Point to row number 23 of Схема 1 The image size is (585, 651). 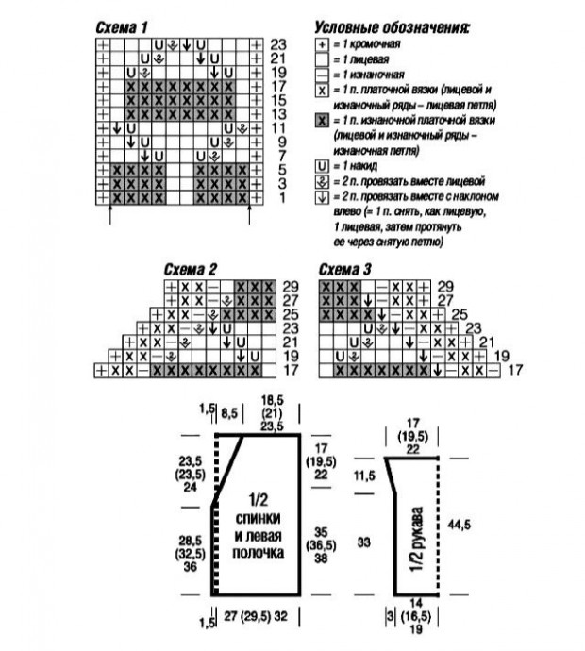click(277, 44)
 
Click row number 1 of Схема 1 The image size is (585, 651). click(277, 198)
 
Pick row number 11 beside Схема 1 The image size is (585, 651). click(277, 127)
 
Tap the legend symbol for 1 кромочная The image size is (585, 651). click(322, 44)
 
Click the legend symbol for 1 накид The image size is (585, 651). click(322, 165)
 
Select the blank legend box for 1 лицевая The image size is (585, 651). click(322, 59)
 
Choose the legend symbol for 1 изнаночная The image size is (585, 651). click(322, 75)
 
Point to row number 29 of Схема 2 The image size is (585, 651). click(290, 285)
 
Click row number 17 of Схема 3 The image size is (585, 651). click(514, 372)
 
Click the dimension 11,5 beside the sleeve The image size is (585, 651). click(365, 474)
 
